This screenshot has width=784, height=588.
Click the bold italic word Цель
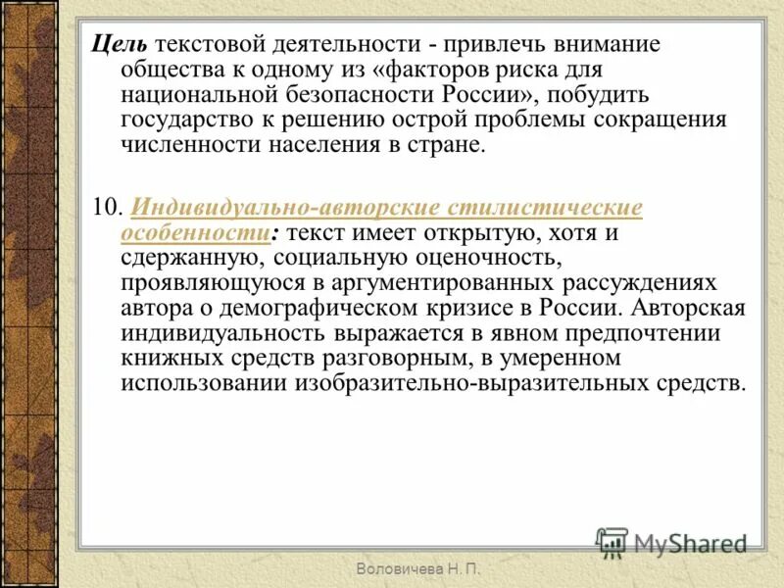click(119, 46)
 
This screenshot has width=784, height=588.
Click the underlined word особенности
click(195, 234)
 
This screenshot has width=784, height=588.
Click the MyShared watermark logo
click(670, 541)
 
